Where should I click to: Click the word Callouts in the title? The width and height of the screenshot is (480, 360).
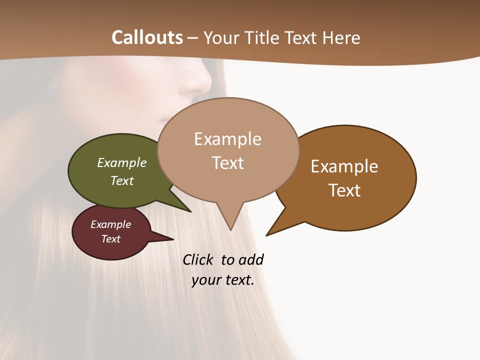click(147, 37)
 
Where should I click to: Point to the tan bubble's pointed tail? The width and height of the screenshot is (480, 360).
click(230, 220)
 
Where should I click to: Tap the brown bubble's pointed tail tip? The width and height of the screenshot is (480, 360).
click(268, 234)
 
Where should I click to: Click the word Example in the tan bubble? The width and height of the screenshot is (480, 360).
click(228, 139)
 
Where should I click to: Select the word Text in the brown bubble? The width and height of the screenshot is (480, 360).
click(344, 190)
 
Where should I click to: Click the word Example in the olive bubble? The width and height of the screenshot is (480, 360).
click(122, 162)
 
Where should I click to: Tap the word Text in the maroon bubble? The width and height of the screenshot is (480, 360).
click(111, 239)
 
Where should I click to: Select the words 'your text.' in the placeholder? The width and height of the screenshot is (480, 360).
click(223, 280)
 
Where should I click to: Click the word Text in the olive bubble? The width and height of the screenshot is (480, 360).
click(122, 180)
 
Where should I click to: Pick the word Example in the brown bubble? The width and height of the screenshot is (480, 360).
click(344, 166)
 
